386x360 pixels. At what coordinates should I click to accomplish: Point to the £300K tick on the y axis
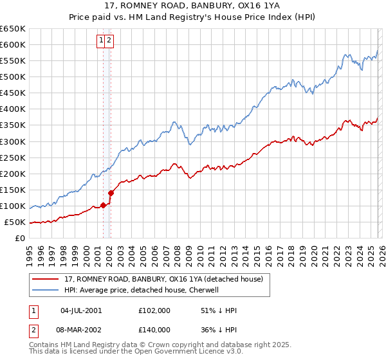13,141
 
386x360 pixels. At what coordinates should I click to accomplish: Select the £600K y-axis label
13,44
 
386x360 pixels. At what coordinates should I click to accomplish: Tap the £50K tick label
15,222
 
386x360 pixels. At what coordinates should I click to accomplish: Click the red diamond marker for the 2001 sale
103,206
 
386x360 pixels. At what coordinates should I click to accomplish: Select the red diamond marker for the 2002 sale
111,192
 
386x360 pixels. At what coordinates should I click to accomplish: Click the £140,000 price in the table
154,329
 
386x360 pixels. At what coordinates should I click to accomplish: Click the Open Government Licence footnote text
122,352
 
